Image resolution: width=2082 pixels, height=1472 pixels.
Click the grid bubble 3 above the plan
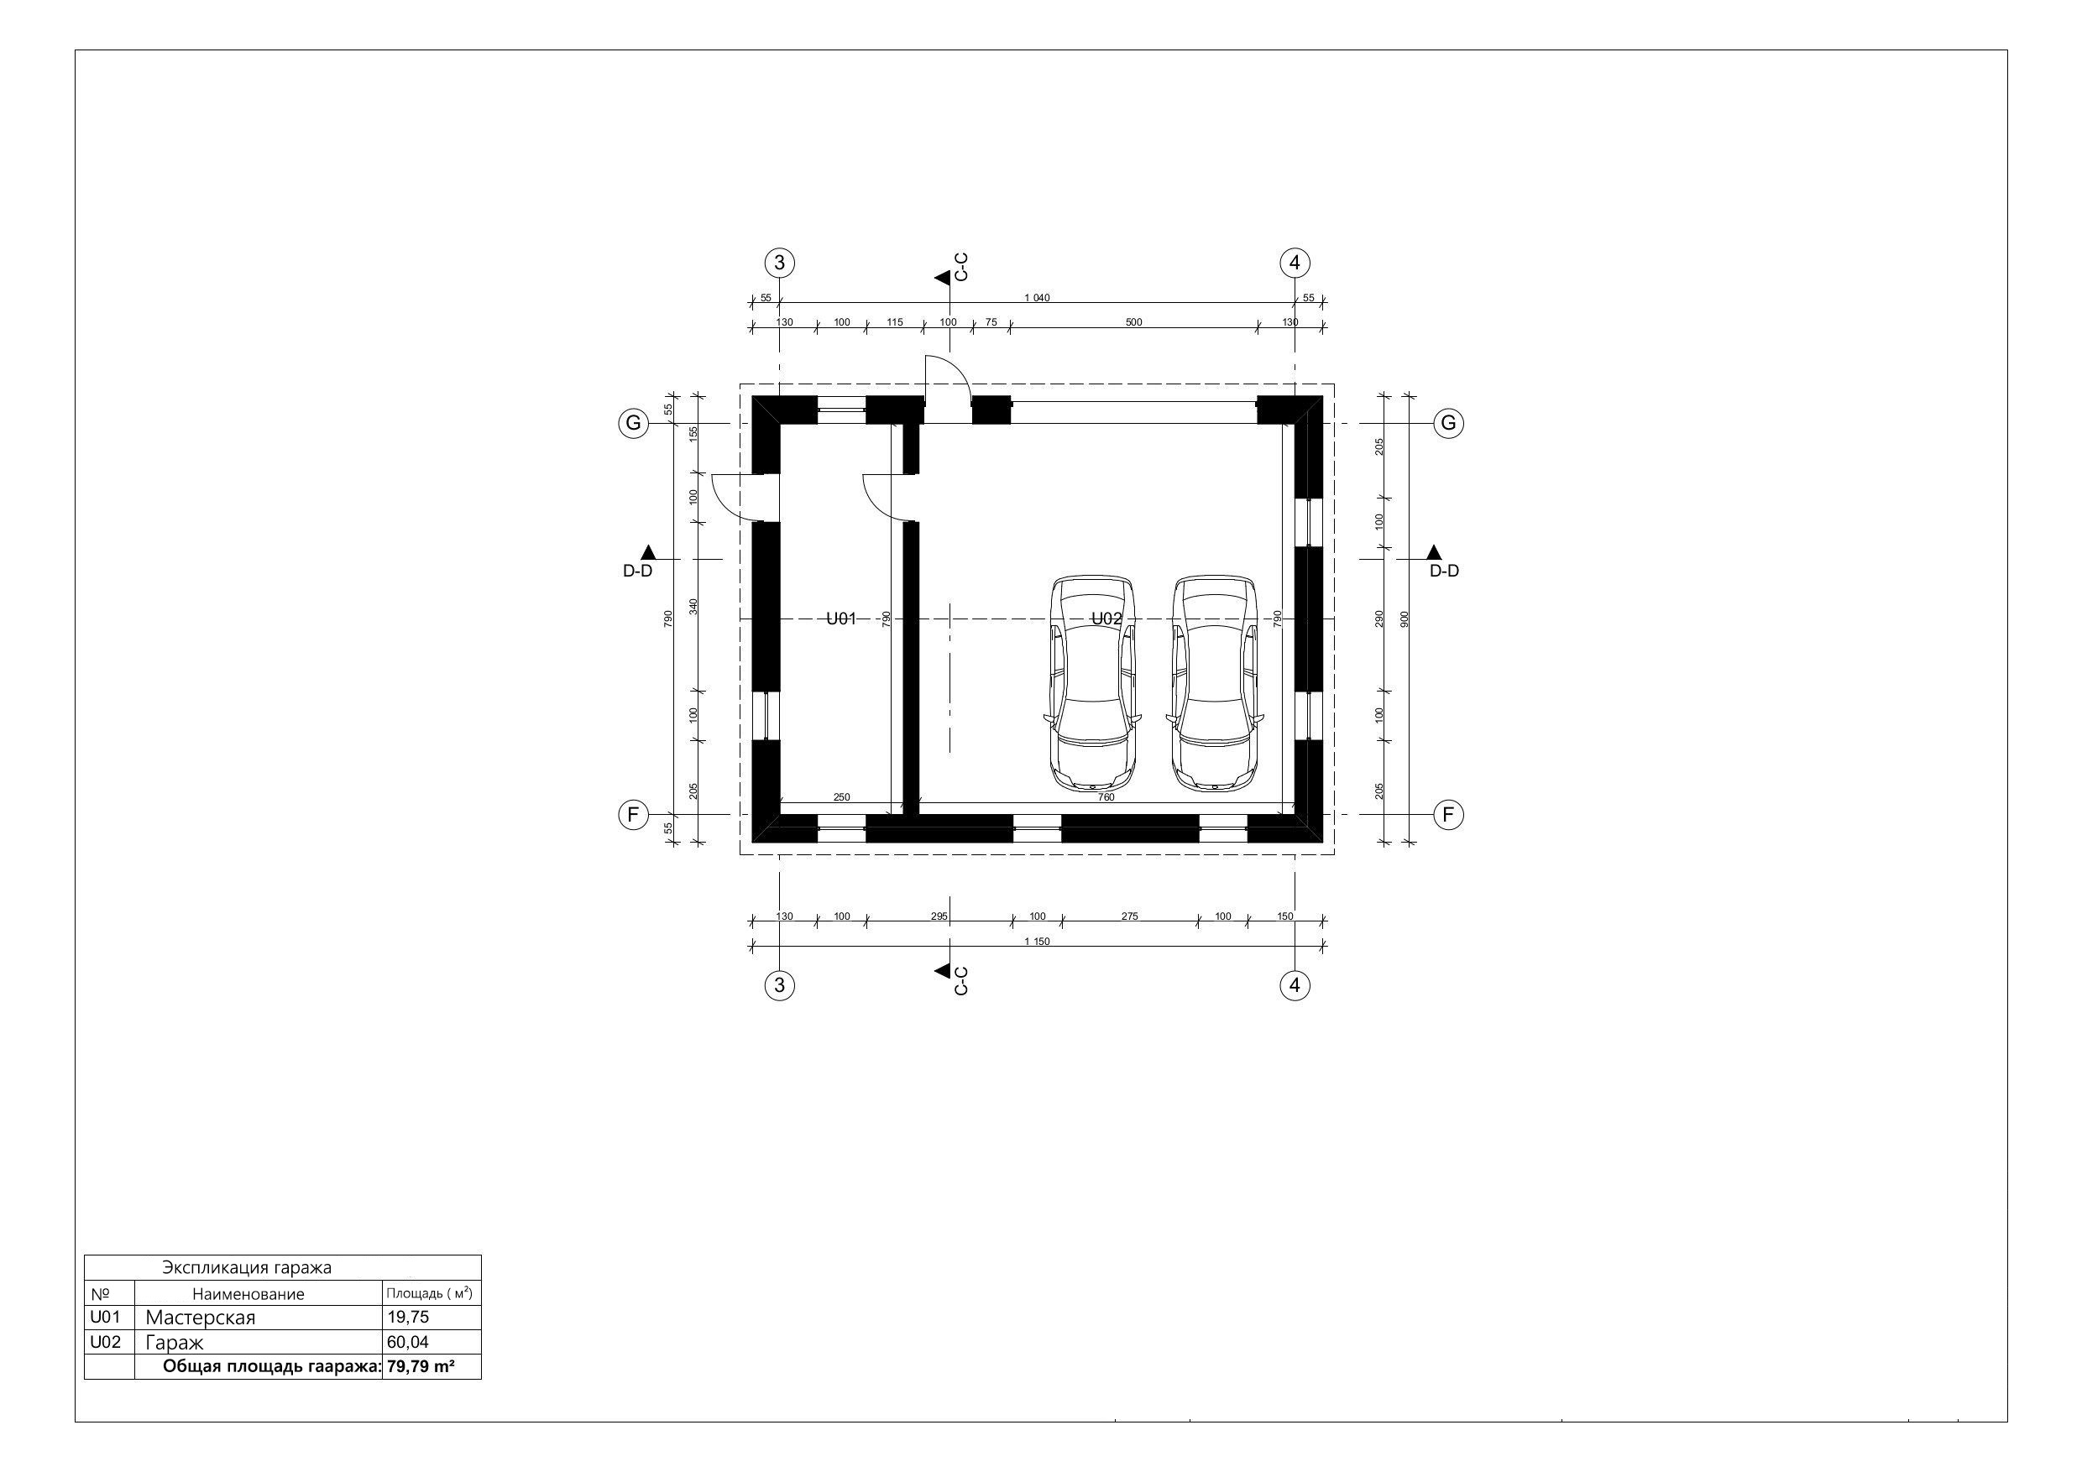(x=780, y=263)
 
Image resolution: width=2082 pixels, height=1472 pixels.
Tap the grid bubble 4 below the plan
(x=1294, y=985)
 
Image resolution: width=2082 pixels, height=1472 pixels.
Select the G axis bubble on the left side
(x=633, y=423)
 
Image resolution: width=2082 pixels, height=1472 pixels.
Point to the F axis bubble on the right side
(x=1448, y=815)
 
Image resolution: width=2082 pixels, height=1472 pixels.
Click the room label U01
(x=840, y=619)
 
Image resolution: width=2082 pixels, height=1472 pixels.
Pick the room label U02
(x=1106, y=619)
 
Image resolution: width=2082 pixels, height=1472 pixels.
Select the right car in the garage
(x=1214, y=681)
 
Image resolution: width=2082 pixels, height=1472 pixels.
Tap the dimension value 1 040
(x=1037, y=298)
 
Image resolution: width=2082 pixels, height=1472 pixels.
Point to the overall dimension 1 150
(x=1037, y=942)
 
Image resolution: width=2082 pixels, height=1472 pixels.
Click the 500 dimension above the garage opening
(x=1133, y=322)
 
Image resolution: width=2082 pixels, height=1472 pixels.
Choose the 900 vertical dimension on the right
(x=1405, y=619)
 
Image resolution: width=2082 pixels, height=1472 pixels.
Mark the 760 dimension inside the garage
(x=1106, y=797)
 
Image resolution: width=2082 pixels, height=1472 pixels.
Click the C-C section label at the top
(x=962, y=267)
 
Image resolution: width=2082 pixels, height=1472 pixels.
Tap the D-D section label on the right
(x=1444, y=571)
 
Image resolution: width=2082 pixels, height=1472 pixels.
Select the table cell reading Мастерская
(x=201, y=1317)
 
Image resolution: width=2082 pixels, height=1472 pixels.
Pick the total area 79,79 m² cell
(x=421, y=1367)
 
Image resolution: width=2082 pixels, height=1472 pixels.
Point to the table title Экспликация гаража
(x=247, y=1267)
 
